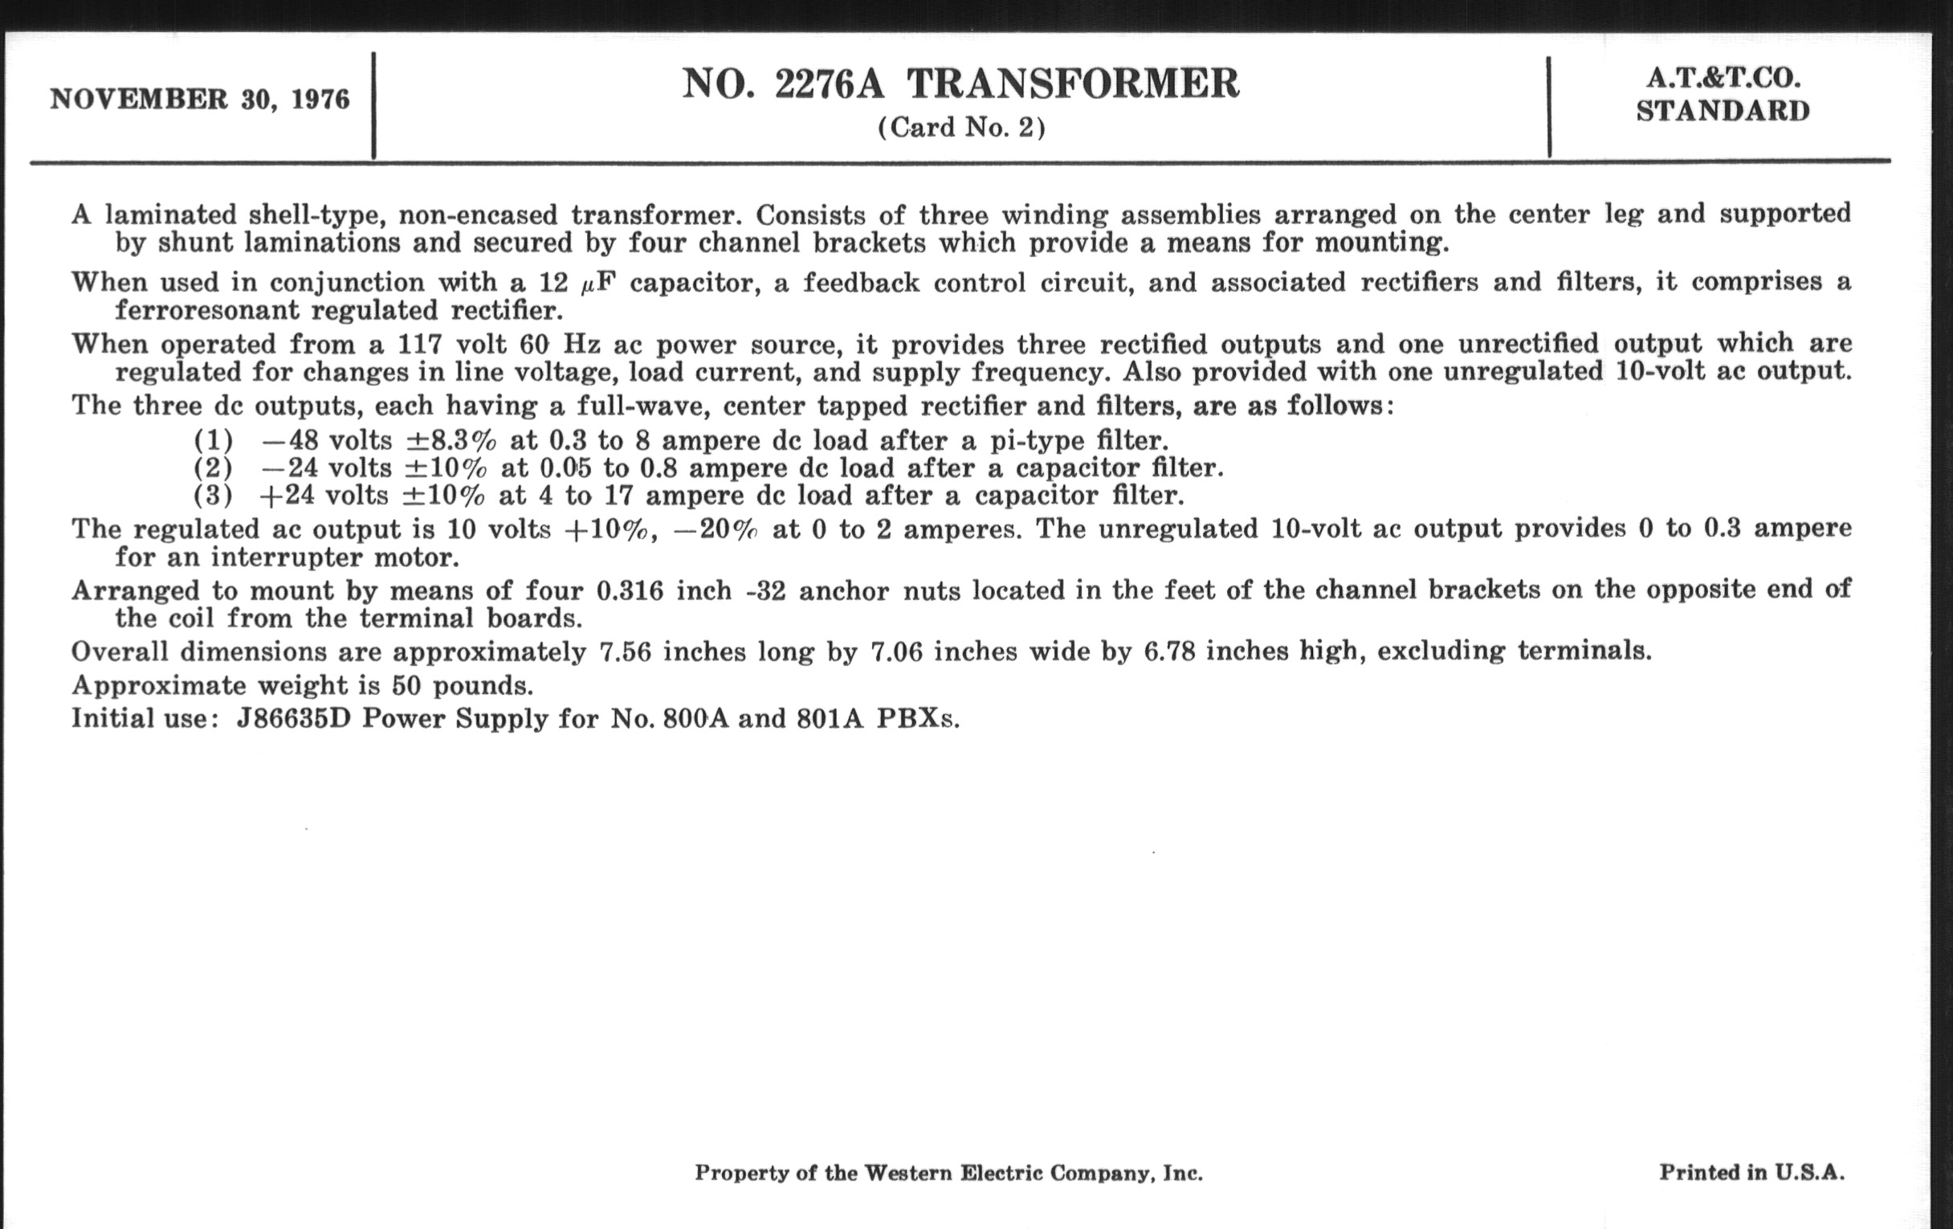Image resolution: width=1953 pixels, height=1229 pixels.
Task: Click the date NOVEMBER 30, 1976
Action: point(199,100)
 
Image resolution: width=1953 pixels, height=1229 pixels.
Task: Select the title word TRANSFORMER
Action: point(1073,84)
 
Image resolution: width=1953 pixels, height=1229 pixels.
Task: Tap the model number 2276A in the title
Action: point(829,84)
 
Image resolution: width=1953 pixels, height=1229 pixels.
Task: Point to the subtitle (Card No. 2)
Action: point(961,129)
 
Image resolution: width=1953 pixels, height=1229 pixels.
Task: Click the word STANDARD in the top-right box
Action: point(1723,111)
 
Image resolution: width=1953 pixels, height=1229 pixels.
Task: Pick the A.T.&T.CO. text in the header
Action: point(1723,78)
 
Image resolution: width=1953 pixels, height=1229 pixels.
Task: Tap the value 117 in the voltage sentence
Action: point(419,345)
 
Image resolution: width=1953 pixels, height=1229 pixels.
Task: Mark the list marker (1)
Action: point(214,440)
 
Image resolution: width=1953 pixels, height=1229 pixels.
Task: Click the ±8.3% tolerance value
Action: point(451,440)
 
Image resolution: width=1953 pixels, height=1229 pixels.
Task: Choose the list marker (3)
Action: point(214,495)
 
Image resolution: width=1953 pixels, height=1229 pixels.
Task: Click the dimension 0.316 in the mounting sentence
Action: point(630,590)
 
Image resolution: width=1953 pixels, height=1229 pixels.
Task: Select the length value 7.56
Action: point(625,651)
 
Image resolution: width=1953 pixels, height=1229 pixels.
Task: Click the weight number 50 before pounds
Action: point(408,685)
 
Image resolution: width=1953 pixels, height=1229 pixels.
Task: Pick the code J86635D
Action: point(293,719)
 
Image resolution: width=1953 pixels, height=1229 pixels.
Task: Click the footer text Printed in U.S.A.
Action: point(1752,1172)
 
